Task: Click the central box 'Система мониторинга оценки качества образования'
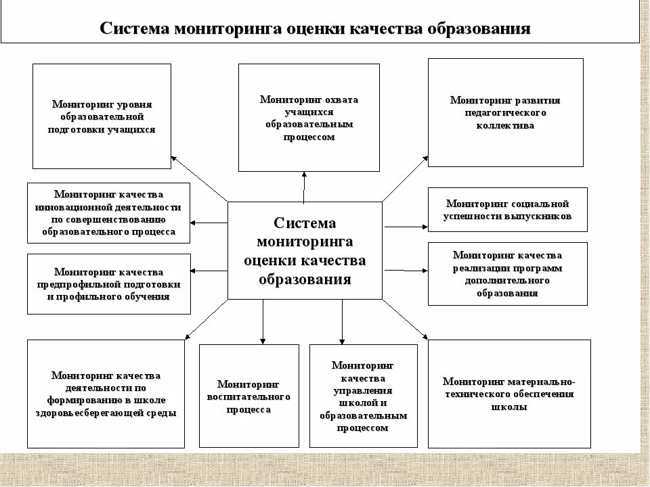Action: pyautogui.click(x=305, y=250)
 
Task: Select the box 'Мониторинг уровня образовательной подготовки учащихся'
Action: pyautogui.click(x=102, y=116)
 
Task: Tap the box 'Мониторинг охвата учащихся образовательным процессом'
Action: pyautogui.click(x=309, y=117)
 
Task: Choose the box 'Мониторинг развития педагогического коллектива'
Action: pyautogui.click(x=505, y=112)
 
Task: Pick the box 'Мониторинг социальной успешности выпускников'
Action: pyautogui.click(x=507, y=210)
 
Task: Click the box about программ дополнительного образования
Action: pyautogui.click(x=507, y=273)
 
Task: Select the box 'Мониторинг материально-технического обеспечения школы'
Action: pyautogui.click(x=509, y=394)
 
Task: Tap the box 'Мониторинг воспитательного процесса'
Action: pyautogui.click(x=248, y=396)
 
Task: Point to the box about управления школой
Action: pyautogui.click(x=363, y=396)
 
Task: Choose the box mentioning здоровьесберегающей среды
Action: pyautogui.click(x=106, y=394)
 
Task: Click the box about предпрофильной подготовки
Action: pyautogui.click(x=108, y=284)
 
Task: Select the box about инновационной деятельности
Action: pyautogui.click(x=108, y=212)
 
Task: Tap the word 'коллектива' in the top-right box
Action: pyautogui.click(x=505, y=125)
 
